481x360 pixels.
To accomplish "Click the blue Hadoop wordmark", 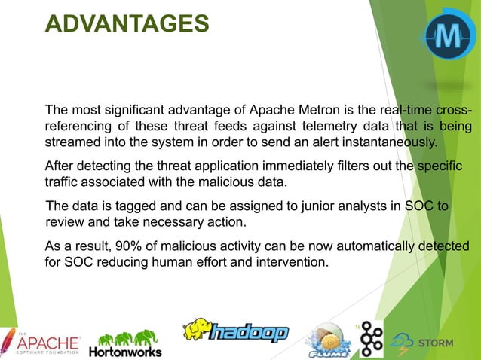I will point(248,333).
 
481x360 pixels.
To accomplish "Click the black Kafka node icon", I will point(370,339).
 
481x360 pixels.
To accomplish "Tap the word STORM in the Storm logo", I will point(436,343).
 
